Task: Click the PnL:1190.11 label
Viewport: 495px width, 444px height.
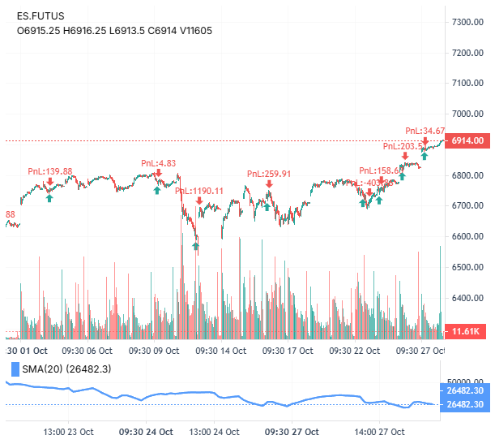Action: (x=199, y=191)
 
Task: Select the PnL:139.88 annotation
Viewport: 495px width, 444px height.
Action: (x=50, y=171)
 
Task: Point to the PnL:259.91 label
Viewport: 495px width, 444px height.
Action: (x=268, y=174)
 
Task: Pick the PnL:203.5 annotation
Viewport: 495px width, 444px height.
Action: (x=403, y=146)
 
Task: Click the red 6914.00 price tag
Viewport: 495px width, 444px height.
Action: (x=467, y=140)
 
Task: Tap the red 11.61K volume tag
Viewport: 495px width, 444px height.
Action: (x=467, y=331)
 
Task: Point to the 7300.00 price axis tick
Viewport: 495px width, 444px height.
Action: (x=467, y=22)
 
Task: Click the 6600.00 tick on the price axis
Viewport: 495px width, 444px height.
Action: (x=467, y=237)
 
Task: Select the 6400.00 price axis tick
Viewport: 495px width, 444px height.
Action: (x=467, y=298)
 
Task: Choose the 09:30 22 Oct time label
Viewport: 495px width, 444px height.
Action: (x=356, y=351)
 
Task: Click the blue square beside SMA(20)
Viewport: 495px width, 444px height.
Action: (x=12, y=370)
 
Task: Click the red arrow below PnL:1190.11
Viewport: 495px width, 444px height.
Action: (x=199, y=200)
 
